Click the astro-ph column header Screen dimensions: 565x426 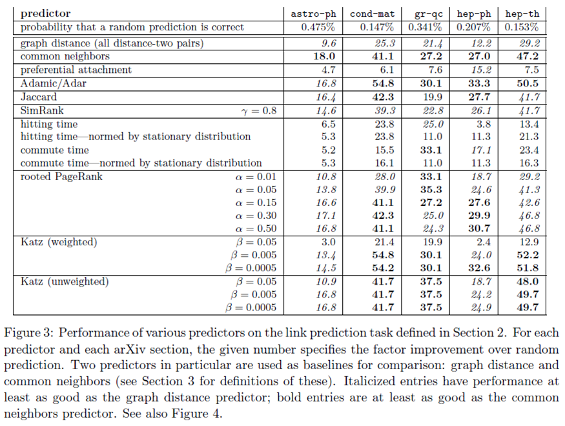(313, 14)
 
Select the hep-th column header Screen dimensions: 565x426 (522, 14)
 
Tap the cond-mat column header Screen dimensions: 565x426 (372, 14)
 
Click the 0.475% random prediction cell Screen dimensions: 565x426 (318, 27)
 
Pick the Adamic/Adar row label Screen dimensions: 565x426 (54, 83)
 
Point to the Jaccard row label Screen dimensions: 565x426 (39, 97)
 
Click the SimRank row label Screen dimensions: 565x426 (42, 110)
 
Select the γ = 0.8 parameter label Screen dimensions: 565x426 (259, 111)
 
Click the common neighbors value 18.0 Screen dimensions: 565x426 (324, 56)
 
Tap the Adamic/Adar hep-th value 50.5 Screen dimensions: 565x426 (528, 83)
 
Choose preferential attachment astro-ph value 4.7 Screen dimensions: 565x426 (328, 70)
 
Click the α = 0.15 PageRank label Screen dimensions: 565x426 (256, 203)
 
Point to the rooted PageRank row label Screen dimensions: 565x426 (61, 177)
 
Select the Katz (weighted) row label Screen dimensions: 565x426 (59, 242)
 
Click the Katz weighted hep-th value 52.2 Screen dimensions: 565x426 (528, 255)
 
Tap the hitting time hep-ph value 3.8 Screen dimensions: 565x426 (484, 124)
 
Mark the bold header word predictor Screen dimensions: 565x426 (45, 14)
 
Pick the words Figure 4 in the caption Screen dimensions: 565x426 (196, 413)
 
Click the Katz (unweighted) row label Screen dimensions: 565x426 (65, 281)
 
